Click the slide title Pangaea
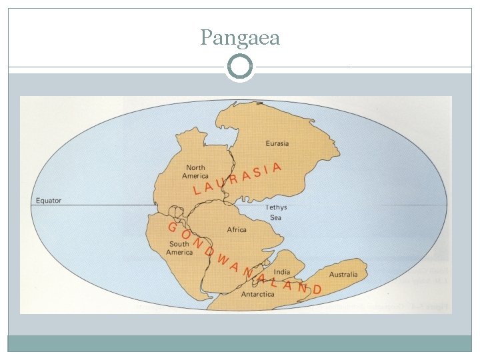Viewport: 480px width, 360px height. tap(240, 38)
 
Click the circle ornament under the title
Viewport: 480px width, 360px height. tap(240, 67)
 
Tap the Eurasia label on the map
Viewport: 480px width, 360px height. tap(277, 143)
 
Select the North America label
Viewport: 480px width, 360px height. tap(195, 172)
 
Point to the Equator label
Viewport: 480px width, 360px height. tap(49, 200)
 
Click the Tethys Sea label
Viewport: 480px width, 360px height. tap(277, 212)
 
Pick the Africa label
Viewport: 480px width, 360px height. tap(237, 229)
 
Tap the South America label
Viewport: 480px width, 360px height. tap(179, 248)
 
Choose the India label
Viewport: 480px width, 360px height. tap(282, 272)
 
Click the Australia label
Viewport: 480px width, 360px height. tap(343, 274)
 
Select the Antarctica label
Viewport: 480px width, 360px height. tap(257, 294)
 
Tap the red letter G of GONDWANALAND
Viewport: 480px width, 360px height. tap(172, 227)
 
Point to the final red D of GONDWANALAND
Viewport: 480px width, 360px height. tap(317, 289)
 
